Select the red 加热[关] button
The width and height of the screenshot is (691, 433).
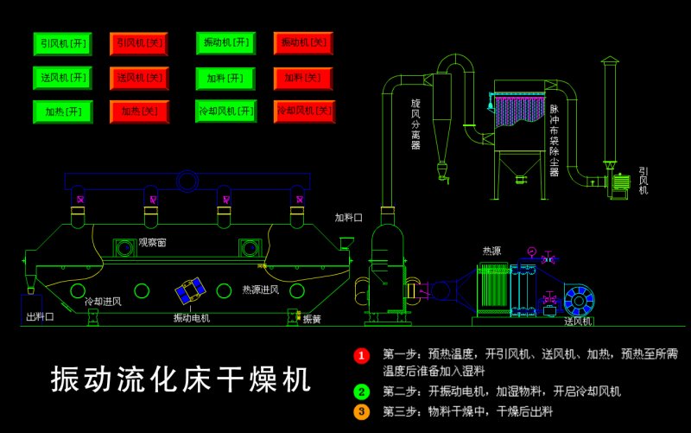(138, 111)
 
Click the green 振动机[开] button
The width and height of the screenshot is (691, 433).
(225, 43)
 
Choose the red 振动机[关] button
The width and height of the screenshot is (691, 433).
(303, 42)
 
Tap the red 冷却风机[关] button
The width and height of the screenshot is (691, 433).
(303, 111)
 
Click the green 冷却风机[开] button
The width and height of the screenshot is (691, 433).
(225, 111)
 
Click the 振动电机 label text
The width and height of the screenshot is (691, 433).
(192, 318)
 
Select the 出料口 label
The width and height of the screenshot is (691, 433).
(40, 317)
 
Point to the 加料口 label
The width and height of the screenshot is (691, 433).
(349, 217)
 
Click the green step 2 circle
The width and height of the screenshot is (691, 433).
(362, 391)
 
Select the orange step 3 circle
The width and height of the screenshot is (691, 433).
(362, 411)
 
